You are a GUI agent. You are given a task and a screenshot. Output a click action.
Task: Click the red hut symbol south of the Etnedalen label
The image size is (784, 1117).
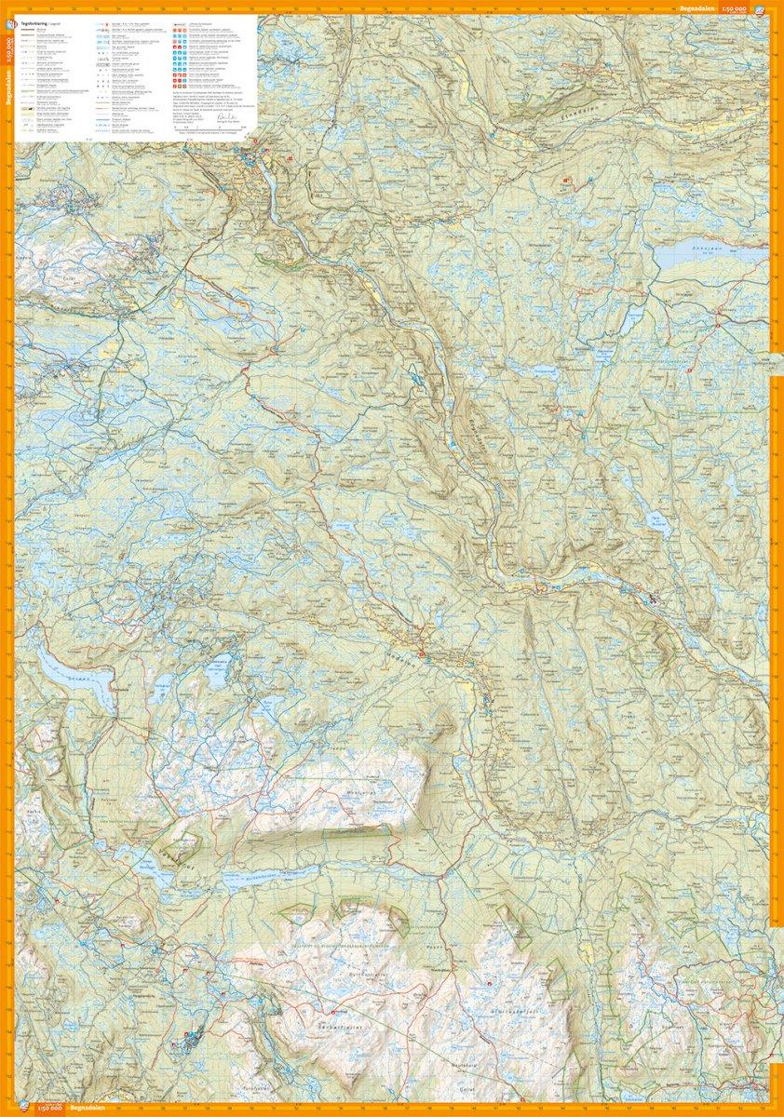563,180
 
